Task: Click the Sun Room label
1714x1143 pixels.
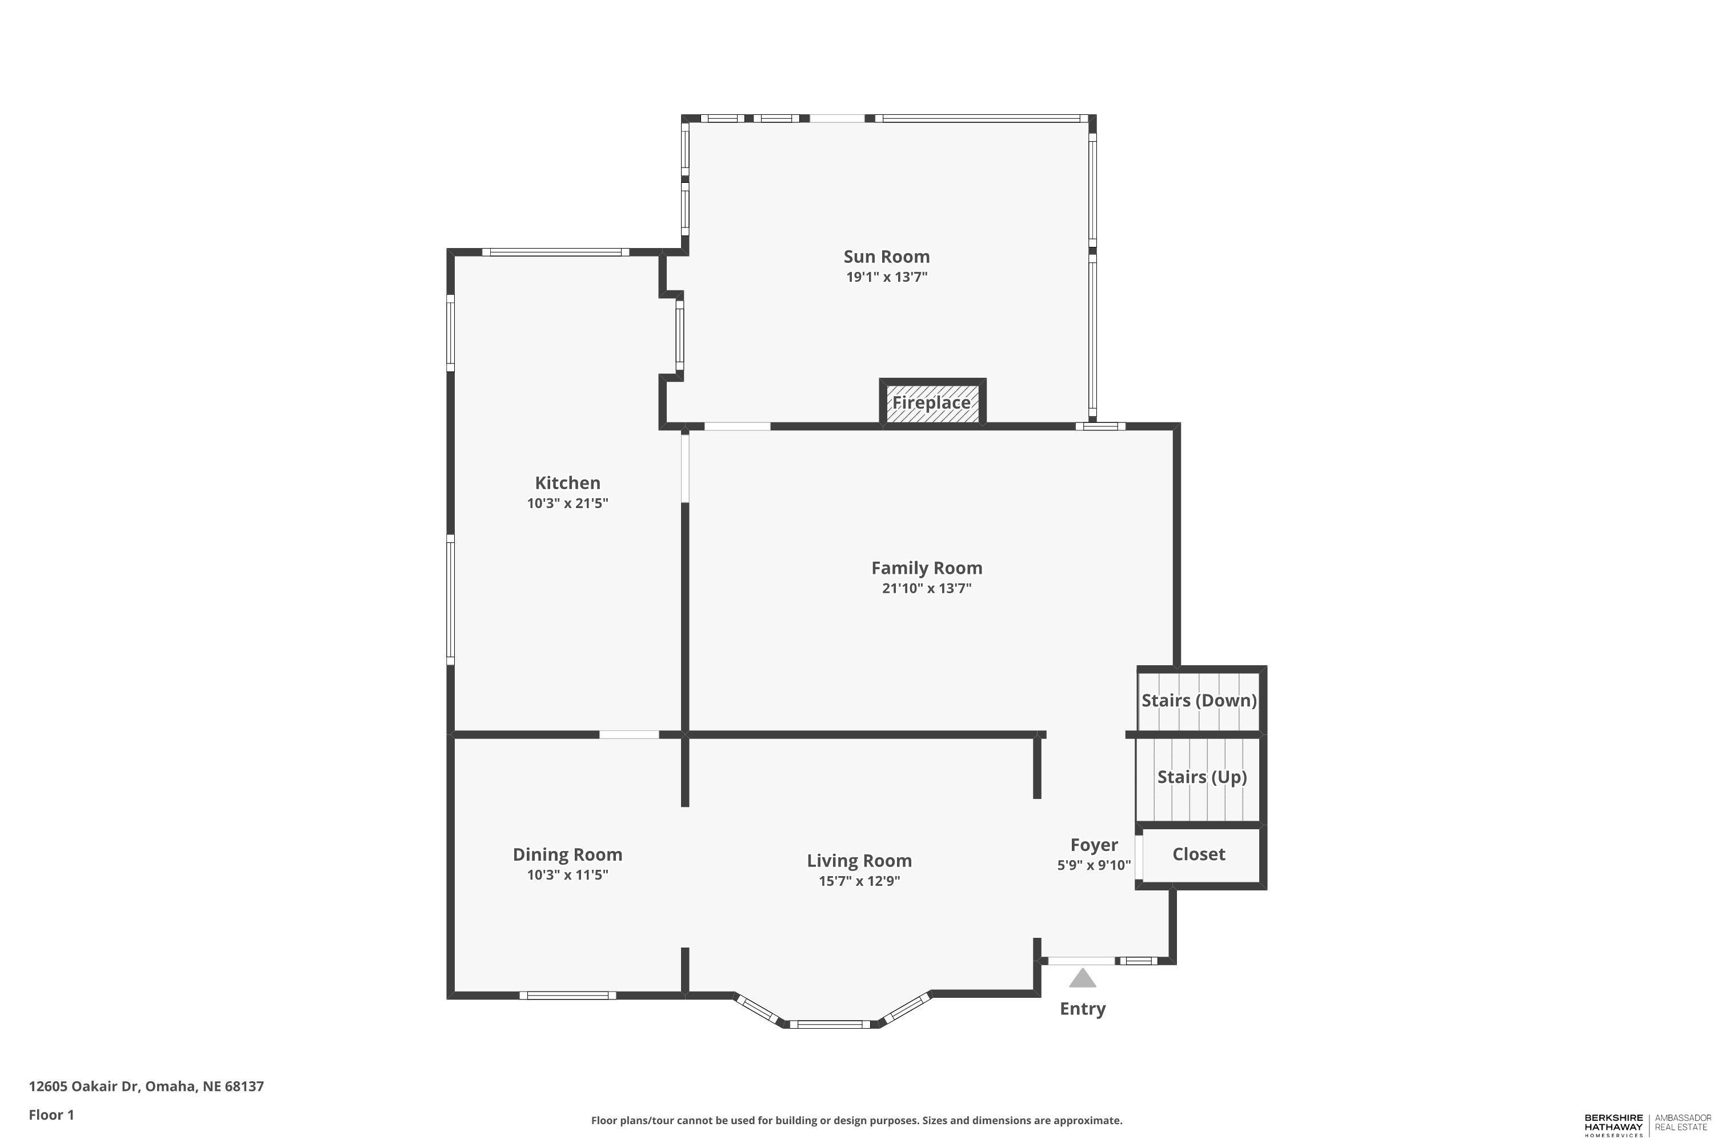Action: [x=886, y=257]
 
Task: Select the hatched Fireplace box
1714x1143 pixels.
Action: [x=931, y=402]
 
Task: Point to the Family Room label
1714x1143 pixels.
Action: [x=926, y=568]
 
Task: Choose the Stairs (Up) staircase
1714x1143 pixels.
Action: [x=1201, y=777]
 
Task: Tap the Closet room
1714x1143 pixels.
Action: [x=1198, y=854]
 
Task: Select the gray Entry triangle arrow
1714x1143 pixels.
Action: [x=1082, y=978]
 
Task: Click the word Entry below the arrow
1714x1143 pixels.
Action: [x=1082, y=1009]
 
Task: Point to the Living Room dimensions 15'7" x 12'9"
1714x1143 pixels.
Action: [x=859, y=881]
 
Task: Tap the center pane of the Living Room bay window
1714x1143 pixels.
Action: [x=830, y=1024]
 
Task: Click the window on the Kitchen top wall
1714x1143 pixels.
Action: [x=555, y=252]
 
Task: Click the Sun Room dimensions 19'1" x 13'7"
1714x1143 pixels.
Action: [x=886, y=277]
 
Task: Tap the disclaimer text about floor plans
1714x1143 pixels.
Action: [x=856, y=1120]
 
